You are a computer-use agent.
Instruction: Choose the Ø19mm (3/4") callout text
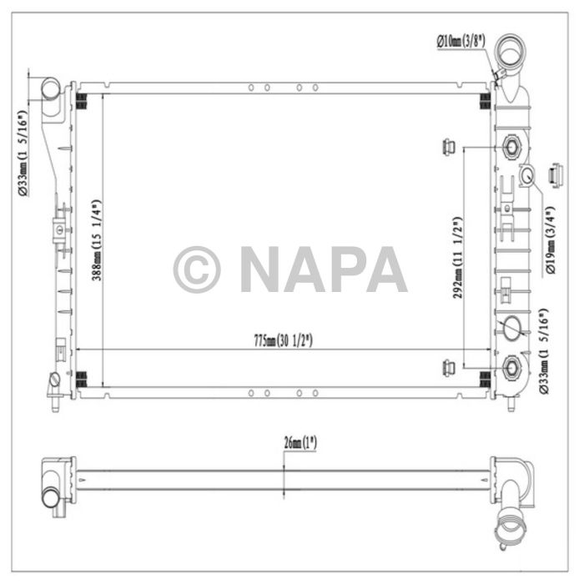click(x=551, y=243)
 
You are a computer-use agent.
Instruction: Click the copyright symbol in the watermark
click(x=197, y=269)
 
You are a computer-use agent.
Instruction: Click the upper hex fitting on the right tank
click(x=511, y=149)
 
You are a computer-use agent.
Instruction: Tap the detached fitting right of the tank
click(x=555, y=175)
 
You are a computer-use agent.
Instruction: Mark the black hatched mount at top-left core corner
click(x=83, y=101)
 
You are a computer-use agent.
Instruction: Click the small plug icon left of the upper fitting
click(x=447, y=148)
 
